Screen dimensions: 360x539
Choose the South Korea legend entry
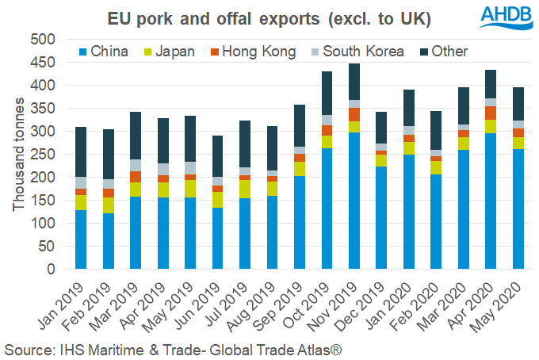(x=354, y=52)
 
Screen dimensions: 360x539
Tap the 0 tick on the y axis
(x=49, y=269)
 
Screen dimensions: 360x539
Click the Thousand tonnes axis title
(x=17, y=155)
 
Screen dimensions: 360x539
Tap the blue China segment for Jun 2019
(x=216, y=238)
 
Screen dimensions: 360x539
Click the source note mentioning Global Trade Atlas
(x=173, y=349)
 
